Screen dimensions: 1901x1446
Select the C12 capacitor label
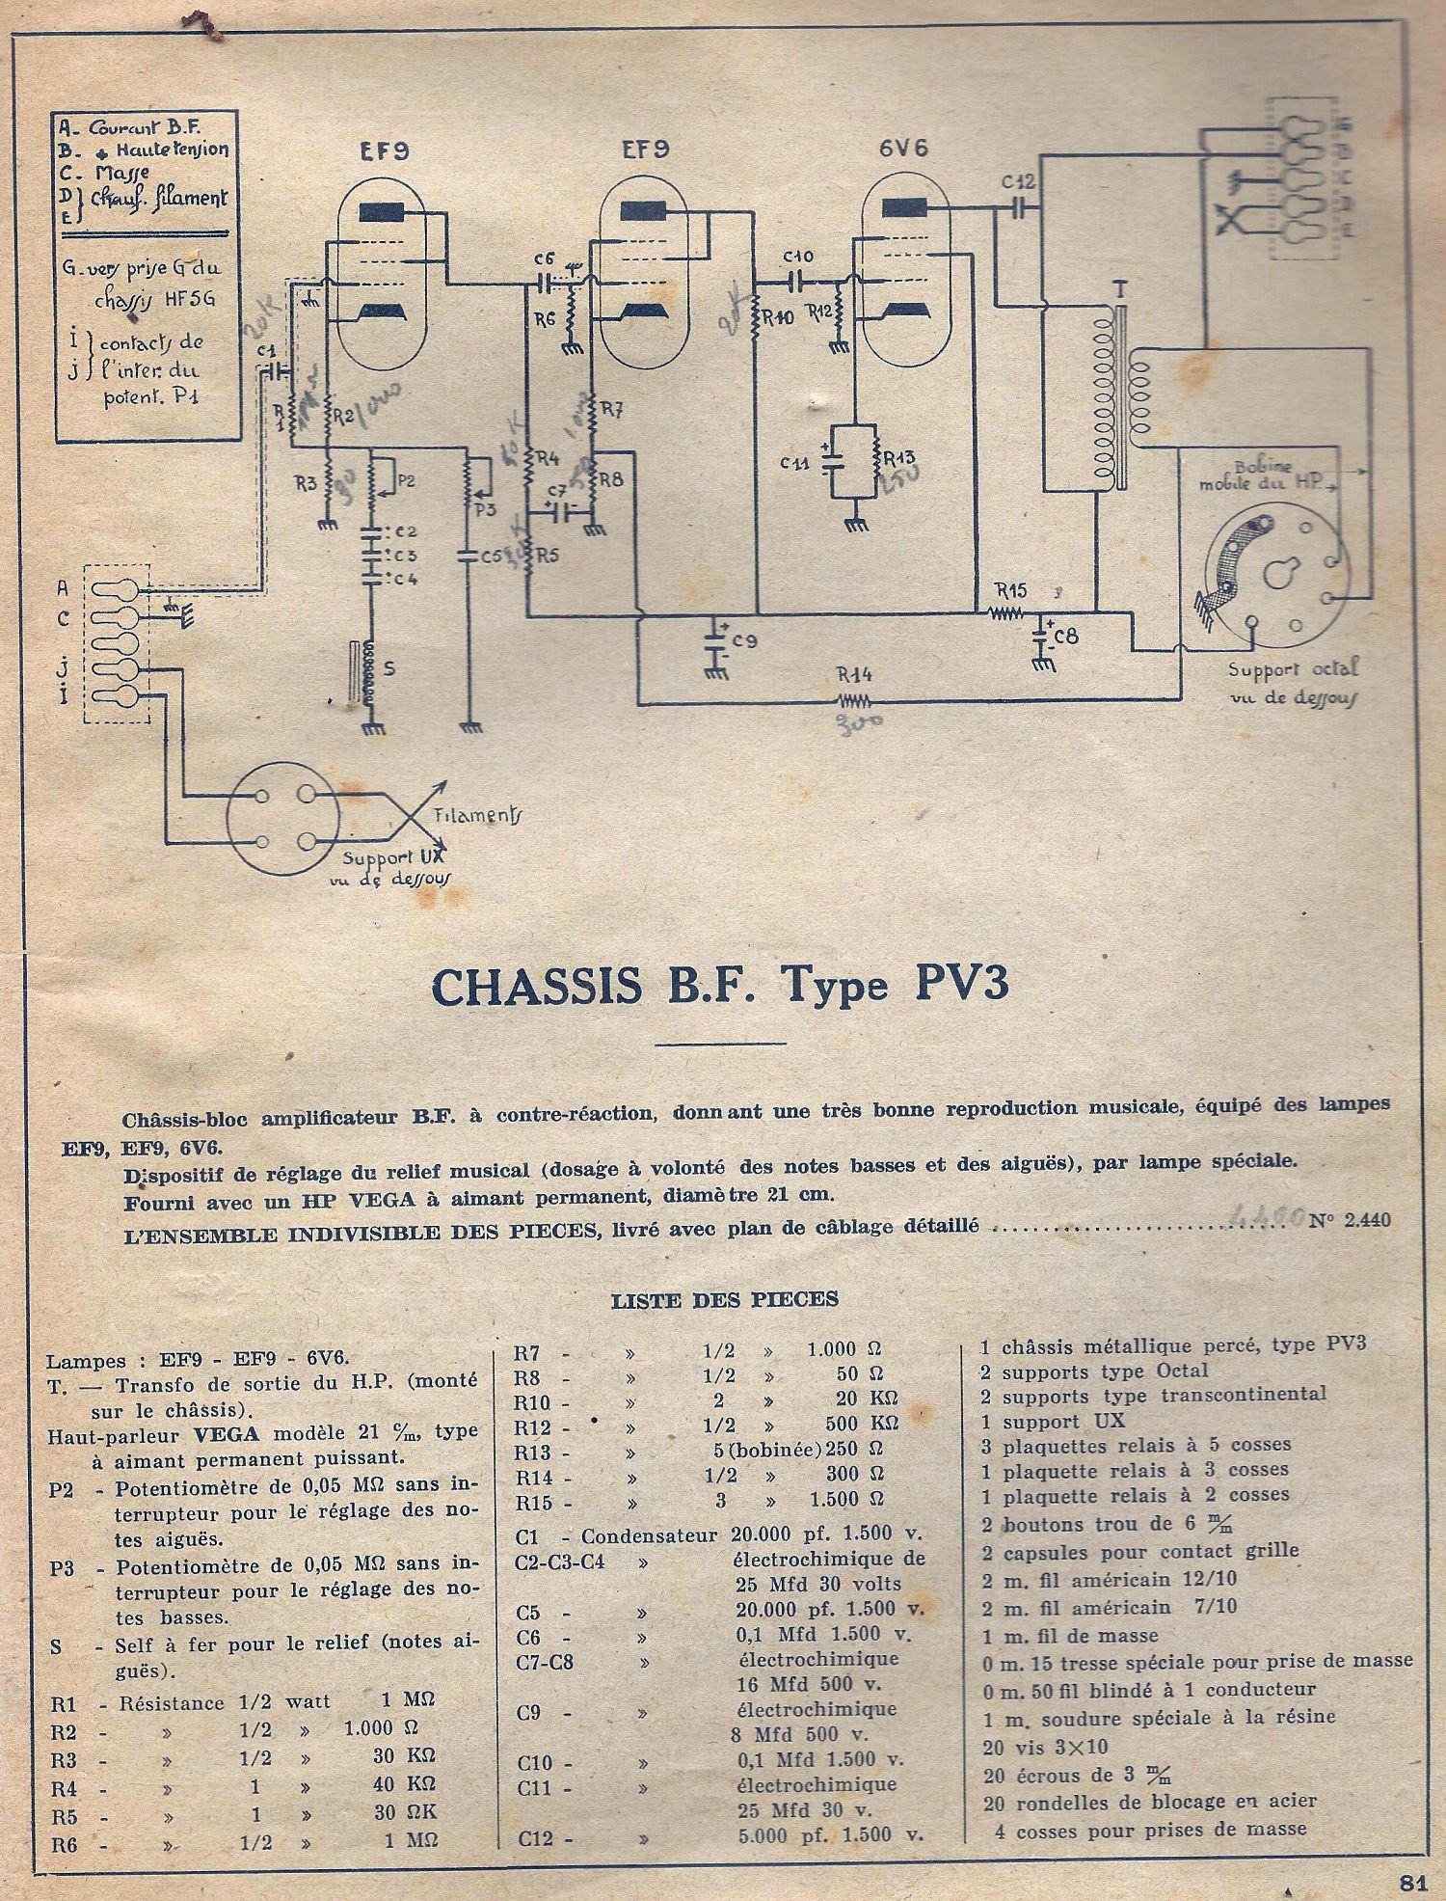click(x=1018, y=182)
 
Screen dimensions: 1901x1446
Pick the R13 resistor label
click(x=898, y=456)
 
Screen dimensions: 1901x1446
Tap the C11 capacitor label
click(x=795, y=463)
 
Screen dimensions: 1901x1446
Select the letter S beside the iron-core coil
click(x=389, y=667)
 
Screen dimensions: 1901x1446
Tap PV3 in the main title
click(x=954, y=986)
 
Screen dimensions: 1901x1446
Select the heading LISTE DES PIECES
click(x=725, y=1299)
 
